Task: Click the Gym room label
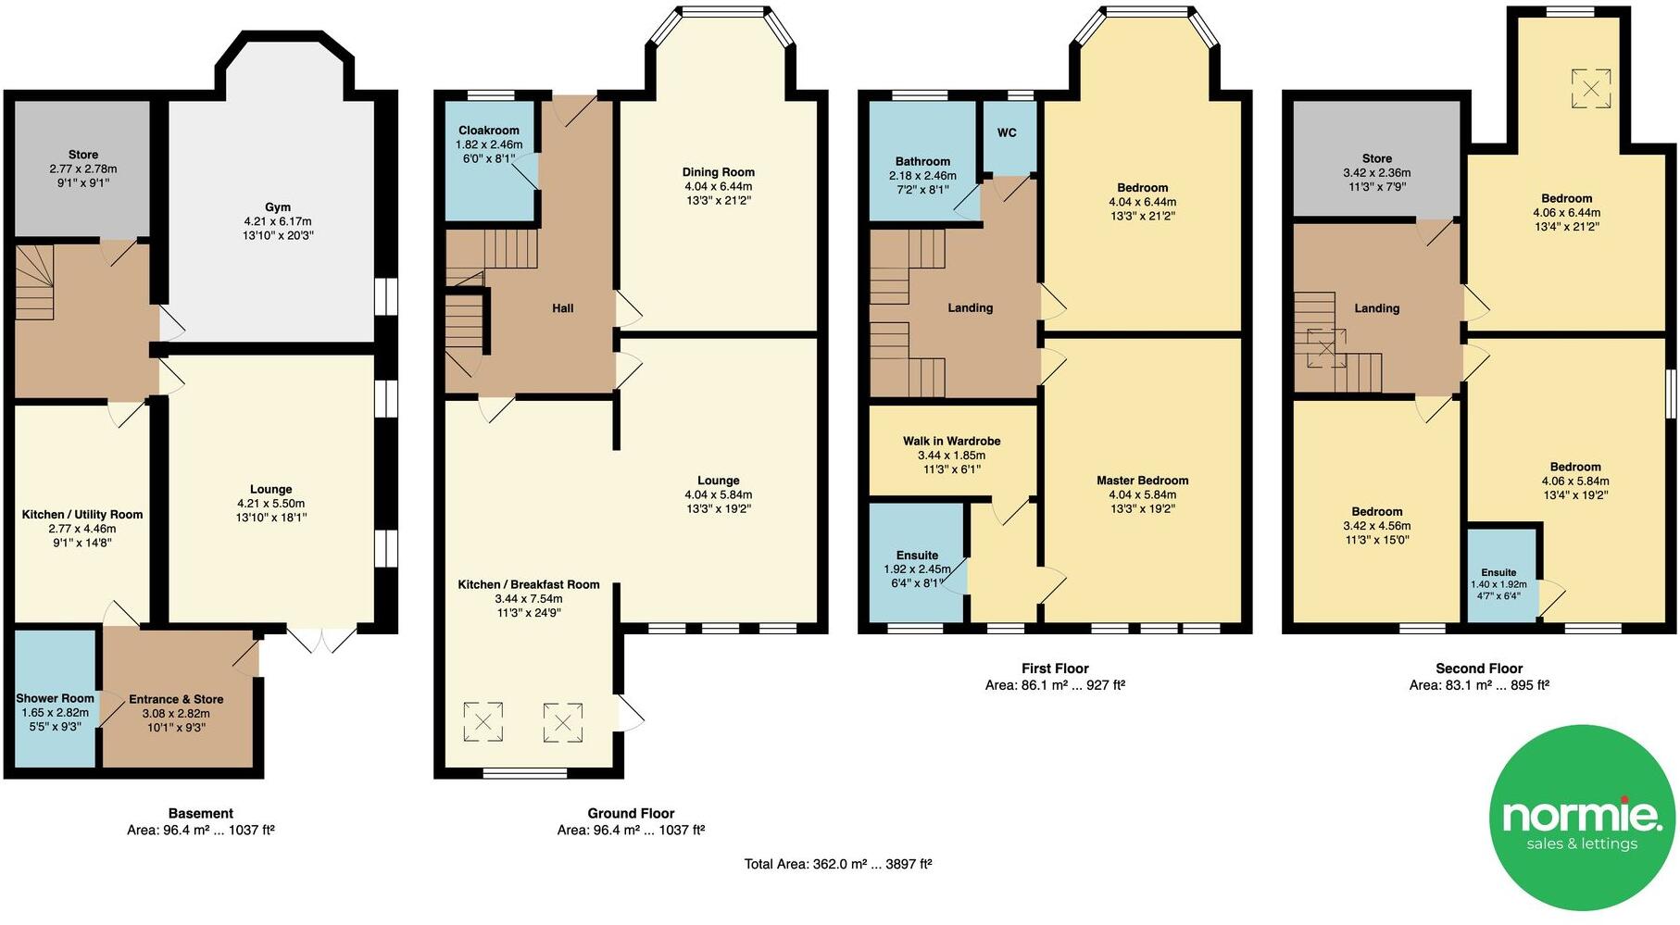coord(278,207)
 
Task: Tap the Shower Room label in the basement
coord(55,698)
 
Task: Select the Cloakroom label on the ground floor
coord(488,131)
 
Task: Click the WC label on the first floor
coord(1007,132)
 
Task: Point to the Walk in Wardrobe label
coord(951,441)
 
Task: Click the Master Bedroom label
coord(1142,480)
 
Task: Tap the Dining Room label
coord(718,172)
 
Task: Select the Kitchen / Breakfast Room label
coord(528,584)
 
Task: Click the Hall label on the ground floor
coord(562,308)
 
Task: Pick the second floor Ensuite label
coord(1498,572)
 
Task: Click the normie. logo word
coord(1581,814)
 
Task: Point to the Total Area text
coord(837,864)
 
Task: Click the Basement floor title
coord(201,813)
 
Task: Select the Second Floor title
coord(1478,668)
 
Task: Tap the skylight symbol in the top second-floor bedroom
coord(1590,89)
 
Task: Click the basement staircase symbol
coord(35,278)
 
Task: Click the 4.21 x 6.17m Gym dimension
coord(278,221)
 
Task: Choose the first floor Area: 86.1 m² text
coord(1054,685)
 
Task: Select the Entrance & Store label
coord(176,699)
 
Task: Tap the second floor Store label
coord(1376,158)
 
